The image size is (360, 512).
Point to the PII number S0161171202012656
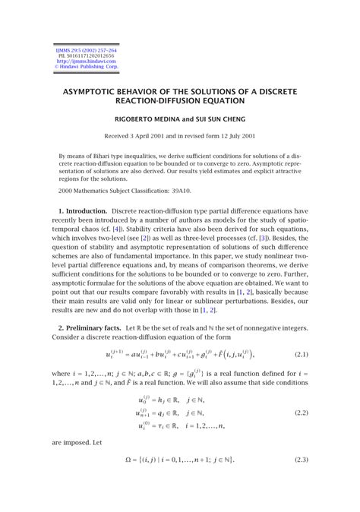click(80, 55)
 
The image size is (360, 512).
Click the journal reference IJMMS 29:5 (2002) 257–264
click(80, 49)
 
